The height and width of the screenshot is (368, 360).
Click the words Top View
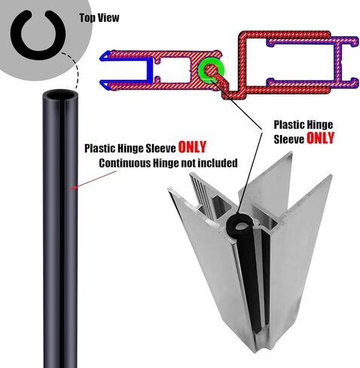tap(99, 18)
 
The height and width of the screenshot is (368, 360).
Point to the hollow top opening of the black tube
tap(59, 96)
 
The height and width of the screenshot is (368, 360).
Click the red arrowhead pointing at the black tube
tap(75, 187)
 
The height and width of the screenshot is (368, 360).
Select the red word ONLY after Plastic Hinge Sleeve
tap(192, 147)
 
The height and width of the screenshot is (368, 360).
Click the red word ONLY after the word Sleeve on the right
tap(321, 138)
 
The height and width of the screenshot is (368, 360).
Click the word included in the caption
tap(218, 163)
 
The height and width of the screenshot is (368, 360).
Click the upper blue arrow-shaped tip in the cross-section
tap(105, 55)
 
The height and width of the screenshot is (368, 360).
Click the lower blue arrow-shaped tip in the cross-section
tap(105, 84)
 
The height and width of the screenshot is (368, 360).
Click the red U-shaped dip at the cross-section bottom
tap(232, 96)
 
